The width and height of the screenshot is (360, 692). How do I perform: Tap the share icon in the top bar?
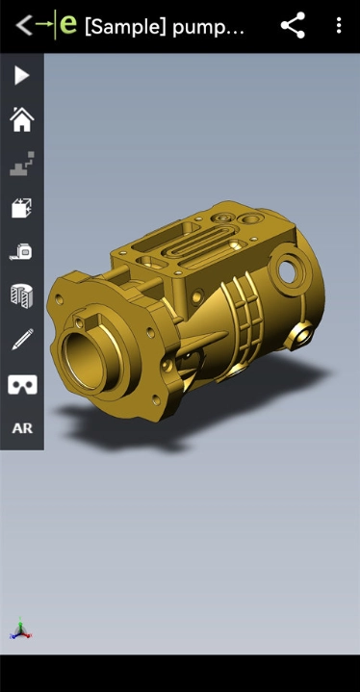[293, 25]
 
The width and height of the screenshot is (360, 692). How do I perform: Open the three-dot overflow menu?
[339, 25]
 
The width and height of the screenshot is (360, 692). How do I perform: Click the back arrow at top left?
[23, 25]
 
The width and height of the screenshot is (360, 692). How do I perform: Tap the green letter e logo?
[68, 24]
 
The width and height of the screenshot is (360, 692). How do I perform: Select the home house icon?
[22, 119]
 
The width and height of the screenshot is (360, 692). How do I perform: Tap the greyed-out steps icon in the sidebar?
[22, 164]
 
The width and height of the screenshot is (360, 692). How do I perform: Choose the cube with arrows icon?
[22, 208]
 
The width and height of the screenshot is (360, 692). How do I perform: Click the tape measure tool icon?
[21, 251]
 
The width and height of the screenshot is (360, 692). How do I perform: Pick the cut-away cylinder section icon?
[21, 295]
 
